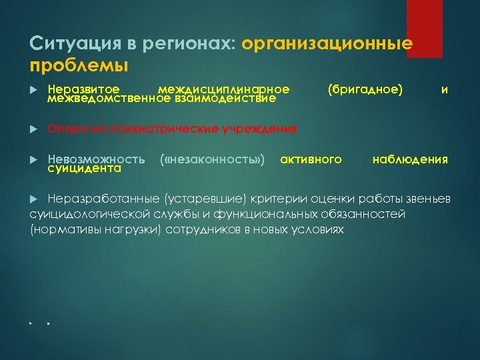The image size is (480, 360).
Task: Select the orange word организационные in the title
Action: (x=327, y=43)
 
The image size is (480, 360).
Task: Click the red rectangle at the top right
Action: (x=425, y=28)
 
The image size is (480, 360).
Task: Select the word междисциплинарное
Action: (x=223, y=90)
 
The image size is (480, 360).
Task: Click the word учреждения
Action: (x=259, y=128)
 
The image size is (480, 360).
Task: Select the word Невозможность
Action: (x=96, y=159)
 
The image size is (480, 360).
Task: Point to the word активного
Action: (x=311, y=159)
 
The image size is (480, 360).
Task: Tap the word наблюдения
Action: (x=410, y=159)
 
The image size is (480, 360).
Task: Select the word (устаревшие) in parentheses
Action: (x=199, y=200)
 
